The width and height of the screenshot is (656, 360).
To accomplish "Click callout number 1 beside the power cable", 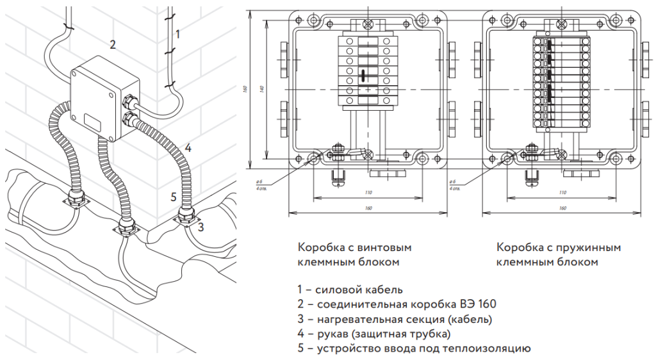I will [x=177, y=33].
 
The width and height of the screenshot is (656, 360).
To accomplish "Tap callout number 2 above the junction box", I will [x=113, y=45].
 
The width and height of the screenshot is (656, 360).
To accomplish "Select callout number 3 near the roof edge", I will [x=201, y=226].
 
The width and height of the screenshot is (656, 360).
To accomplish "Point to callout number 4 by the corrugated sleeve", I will [x=188, y=148].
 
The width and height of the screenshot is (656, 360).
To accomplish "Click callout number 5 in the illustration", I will [x=174, y=197].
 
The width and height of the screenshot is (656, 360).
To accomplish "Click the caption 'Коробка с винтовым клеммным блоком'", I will [x=354, y=254].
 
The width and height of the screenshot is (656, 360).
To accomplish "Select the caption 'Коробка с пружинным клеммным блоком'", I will [x=559, y=254].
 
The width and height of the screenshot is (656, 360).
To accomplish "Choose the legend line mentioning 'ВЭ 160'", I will [x=397, y=304].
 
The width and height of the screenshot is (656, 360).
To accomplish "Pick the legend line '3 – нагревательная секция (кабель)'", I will [x=395, y=319].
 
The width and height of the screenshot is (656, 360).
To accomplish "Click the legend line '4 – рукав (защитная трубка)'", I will [x=374, y=334].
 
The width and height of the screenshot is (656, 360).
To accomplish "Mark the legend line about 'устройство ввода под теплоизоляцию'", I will [x=414, y=348].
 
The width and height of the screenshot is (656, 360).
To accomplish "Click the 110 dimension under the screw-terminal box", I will [x=368, y=193].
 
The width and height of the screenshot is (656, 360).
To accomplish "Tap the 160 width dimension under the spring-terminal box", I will [x=562, y=208].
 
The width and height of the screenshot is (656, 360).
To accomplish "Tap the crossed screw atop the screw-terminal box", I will [x=368, y=24].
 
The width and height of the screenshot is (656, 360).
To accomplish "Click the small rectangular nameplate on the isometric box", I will [x=92, y=118].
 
